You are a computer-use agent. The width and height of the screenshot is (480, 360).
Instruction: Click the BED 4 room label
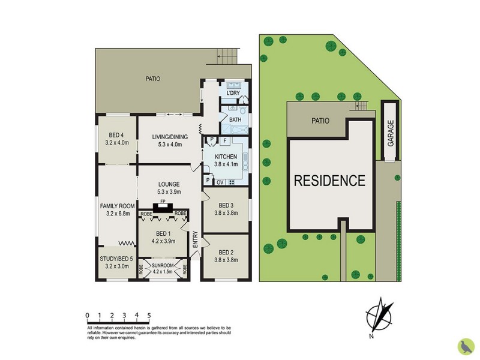(x=116, y=135)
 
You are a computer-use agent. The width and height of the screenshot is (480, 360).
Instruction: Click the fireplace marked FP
(x=163, y=208)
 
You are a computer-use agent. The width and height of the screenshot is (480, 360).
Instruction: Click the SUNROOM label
(x=162, y=265)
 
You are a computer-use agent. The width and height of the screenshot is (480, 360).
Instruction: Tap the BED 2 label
(x=226, y=252)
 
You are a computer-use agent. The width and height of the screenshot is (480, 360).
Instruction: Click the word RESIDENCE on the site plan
(x=329, y=180)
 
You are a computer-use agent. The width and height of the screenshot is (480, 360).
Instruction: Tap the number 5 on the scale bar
(x=149, y=314)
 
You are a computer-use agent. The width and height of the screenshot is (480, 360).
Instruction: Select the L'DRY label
(x=233, y=94)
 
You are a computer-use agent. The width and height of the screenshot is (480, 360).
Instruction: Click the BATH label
(x=235, y=120)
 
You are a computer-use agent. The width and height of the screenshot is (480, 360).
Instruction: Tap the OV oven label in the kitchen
(x=220, y=182)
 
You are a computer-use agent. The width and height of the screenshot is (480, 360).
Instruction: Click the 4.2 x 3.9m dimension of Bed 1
(x=163, y=242)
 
